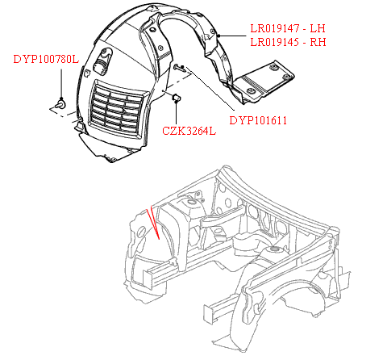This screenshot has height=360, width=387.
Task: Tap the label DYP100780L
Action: pyautogui.click(x=46, y=59)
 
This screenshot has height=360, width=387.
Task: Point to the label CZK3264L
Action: pyautogui.click(x=189, y=131)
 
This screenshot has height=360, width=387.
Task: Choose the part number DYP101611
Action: pyautogui.click(x=258, y=120)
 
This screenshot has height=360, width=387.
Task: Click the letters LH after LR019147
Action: pyautogui.click(x=318, y=28)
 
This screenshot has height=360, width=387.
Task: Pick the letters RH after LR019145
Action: pyautogui.click(x=318, y=42)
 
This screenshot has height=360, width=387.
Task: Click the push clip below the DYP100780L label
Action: pyautogui.click(x=60, y=103)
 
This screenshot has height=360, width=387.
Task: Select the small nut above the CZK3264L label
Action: pyautogui.click(x=177, y=98)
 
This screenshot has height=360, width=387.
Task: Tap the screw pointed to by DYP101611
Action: pyautogui.click(x=179, y=68)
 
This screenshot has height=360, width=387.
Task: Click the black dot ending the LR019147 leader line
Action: pyautogui.click(x=219, y=36)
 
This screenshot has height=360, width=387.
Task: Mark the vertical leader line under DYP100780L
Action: pyautogui.click(x=61, y=84)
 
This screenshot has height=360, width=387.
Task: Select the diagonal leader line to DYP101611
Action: pyautogui.click(x=210, y=89)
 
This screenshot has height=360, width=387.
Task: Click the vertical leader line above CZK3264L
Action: pyautogui.click(x=177, y=113)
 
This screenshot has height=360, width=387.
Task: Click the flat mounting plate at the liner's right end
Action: pyautogui.click(x=264, y=80)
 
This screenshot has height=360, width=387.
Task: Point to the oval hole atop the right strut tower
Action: pyautogui.click(x=274, y=249)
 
